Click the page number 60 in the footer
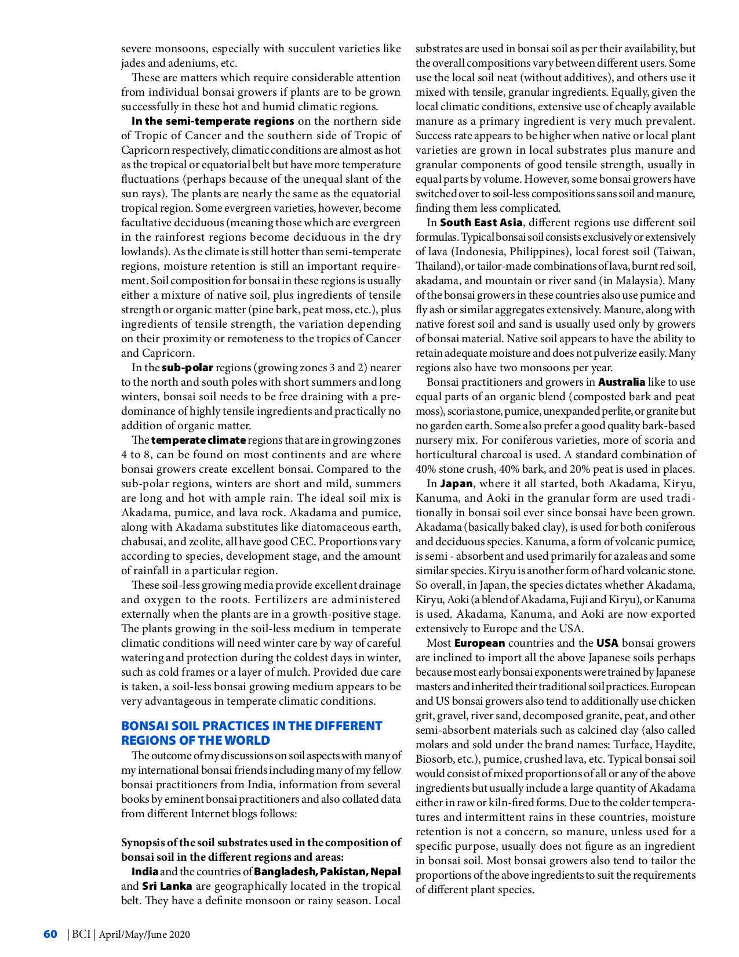pyautogui.click(x=50, y=934)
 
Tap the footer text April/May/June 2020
pyautogui.click(x=144, y=934)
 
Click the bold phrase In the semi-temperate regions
pyautogui.click(x=213, y=121)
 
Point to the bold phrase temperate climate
pyautogui.click(x=198, y=440)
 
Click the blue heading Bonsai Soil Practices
pyautogui.click(x=252, y=733)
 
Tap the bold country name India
pyautogui.click(x=145, y=872)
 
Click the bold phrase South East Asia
pyautogui.click(x=481, y=223)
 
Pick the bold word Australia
pyautogui.click(x=621, y=382)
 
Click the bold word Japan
pyautogui.click(x=456, y=484)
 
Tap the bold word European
pyautogui.click(x=479, y=643)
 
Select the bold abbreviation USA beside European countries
pyautogui.click(x=607, y=643)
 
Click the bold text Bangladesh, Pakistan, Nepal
pyautogui.click(x=327, y=872)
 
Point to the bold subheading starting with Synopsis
pyautogui.click(x=261, y=850)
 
